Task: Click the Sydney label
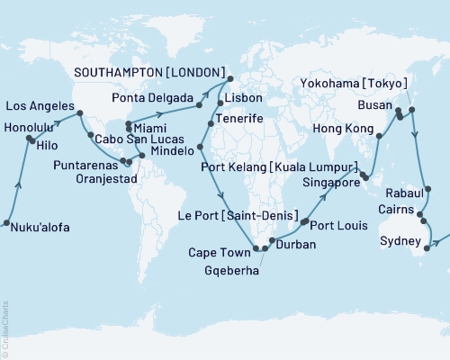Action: pos(400,242)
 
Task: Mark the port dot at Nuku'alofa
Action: pos(5,222)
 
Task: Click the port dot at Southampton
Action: pos(229,77)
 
